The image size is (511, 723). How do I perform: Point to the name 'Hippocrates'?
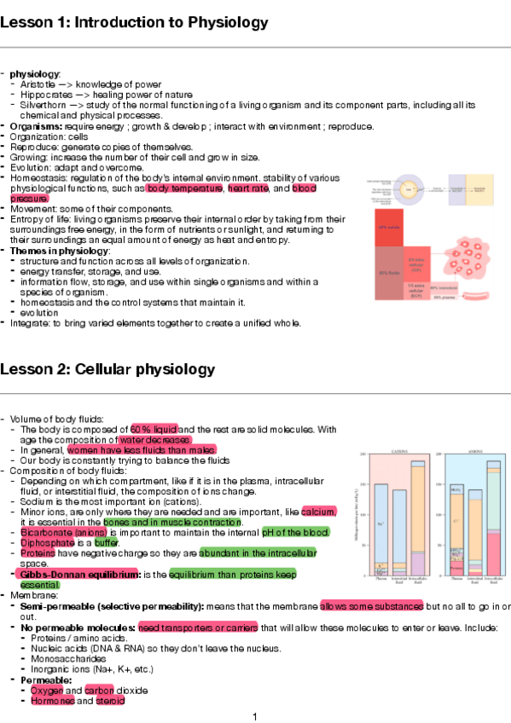49,95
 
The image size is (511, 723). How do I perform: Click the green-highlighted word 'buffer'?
106,542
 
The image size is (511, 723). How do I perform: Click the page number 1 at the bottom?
254,716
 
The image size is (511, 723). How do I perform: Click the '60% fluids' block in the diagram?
391,273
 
